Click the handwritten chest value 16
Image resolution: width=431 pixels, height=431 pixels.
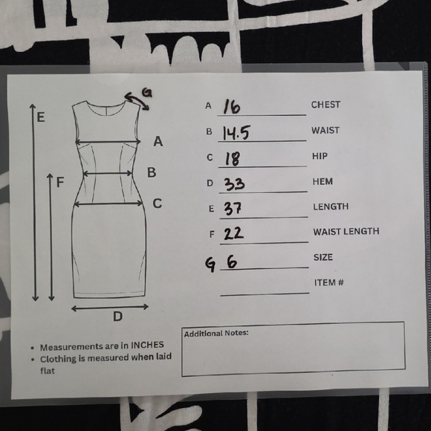pos(231,106)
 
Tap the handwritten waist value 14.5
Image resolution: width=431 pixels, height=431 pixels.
pos(236,133)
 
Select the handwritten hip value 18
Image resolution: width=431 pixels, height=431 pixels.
pos(233,158)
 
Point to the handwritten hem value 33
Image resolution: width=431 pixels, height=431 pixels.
pos(234,184)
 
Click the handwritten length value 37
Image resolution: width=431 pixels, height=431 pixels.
pos(233,209)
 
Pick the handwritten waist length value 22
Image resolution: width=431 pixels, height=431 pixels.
pos(233,233)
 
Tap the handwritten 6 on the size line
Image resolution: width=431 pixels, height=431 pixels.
pos(232,261)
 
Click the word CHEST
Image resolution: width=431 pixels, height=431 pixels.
pos(325,105)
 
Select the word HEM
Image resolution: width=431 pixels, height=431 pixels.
pos(323,181)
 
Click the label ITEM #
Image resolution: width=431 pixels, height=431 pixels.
pos(329,282)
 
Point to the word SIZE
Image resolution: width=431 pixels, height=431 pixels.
pos(323,257)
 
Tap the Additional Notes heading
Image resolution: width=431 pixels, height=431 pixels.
pos(216,334)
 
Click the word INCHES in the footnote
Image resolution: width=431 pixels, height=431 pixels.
pos(147,345)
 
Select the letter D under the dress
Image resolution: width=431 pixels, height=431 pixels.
pos(117,317)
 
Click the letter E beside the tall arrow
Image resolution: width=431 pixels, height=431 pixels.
pos(41,117)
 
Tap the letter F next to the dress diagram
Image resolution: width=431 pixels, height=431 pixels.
pos(60,182)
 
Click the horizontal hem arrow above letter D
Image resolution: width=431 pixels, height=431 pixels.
pos(110,308)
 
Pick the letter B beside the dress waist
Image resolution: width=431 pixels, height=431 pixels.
pos(152,172)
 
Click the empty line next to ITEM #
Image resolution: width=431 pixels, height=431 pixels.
pos(265,294)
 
